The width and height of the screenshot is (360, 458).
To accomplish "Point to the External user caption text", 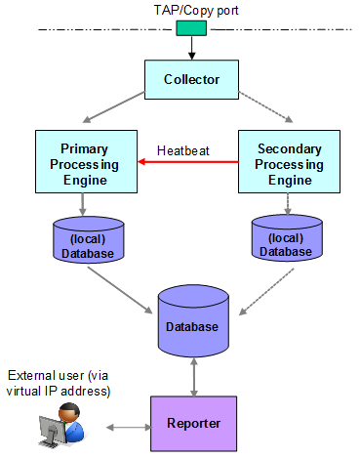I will pos(59,384).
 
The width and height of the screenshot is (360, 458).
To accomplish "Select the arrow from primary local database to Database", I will pos(122,290).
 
